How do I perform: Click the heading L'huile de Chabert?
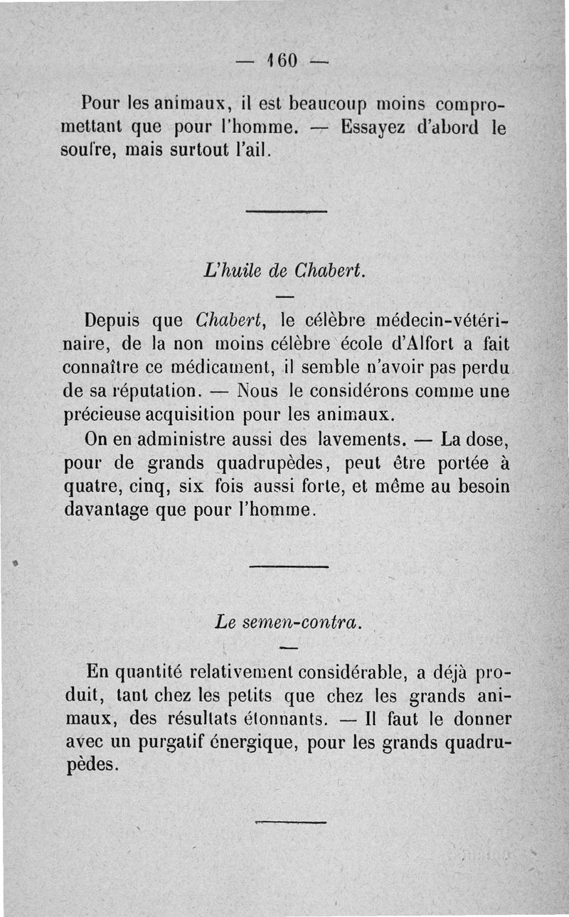click(284, 270)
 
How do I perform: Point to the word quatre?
click(87, 487)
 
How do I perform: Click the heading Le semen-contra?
click(289, 622)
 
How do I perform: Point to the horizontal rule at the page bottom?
click(289, 821)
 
